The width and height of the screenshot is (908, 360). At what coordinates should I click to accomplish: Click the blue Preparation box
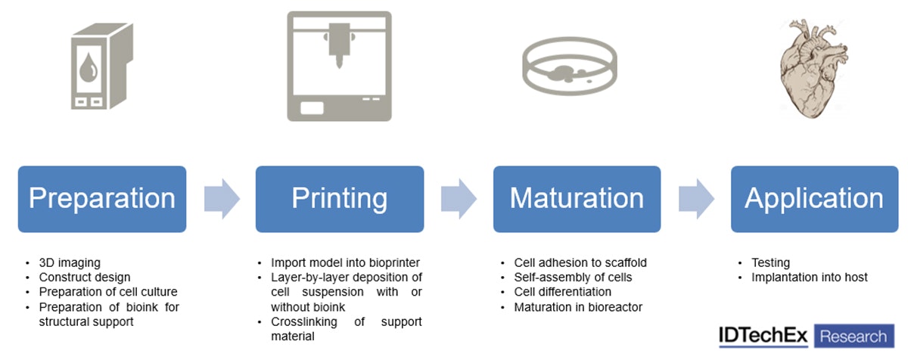102,199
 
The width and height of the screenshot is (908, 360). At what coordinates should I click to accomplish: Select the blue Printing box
339,199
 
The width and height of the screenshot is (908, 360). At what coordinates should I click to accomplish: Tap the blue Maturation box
577,199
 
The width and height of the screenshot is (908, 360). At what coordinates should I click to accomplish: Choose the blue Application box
813,199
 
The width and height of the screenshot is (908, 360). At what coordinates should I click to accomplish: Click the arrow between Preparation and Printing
222,199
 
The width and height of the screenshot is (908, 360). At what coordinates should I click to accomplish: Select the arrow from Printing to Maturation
459,199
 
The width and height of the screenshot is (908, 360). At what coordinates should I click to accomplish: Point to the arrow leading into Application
696,199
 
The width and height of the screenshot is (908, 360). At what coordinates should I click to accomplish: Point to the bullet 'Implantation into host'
810,278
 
